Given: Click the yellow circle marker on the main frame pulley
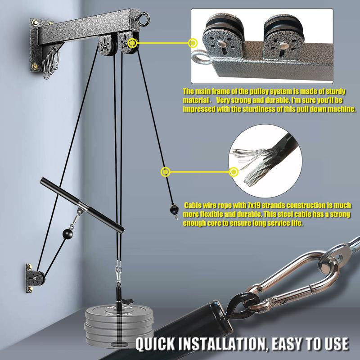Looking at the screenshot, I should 133,43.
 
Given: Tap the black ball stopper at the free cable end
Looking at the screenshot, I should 172,209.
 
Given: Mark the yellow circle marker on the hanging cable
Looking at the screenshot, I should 166,171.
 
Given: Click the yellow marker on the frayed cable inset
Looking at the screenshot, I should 234,171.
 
